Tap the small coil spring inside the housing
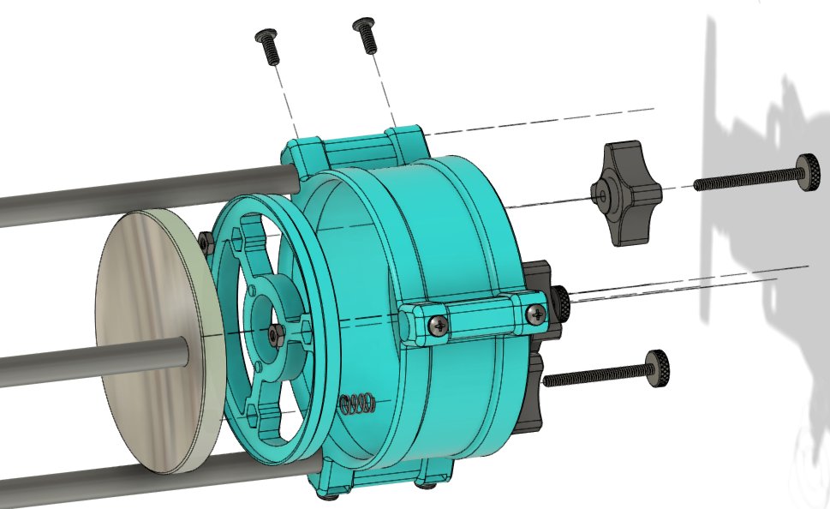click(355, 404)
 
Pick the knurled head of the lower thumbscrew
click(658, 368)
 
